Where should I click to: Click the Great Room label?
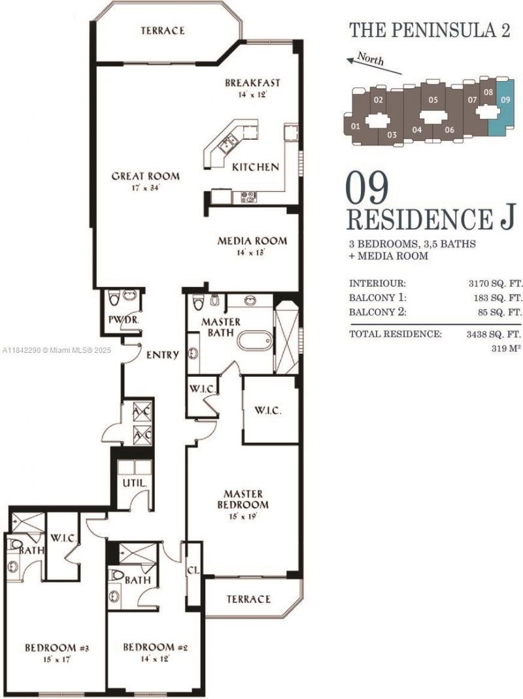coord(145,176)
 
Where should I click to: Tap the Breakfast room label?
coord(252,83)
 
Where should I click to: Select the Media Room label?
coord(252,240)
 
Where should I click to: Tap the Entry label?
coord(162,355)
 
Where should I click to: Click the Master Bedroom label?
coord(243,499)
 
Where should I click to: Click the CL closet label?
coord(193,570)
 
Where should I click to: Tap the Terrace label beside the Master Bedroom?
coord(248,599)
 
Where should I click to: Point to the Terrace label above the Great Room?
coord(162,31)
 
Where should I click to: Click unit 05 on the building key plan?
coord(432,101)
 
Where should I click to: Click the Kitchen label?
coord(256,167)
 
